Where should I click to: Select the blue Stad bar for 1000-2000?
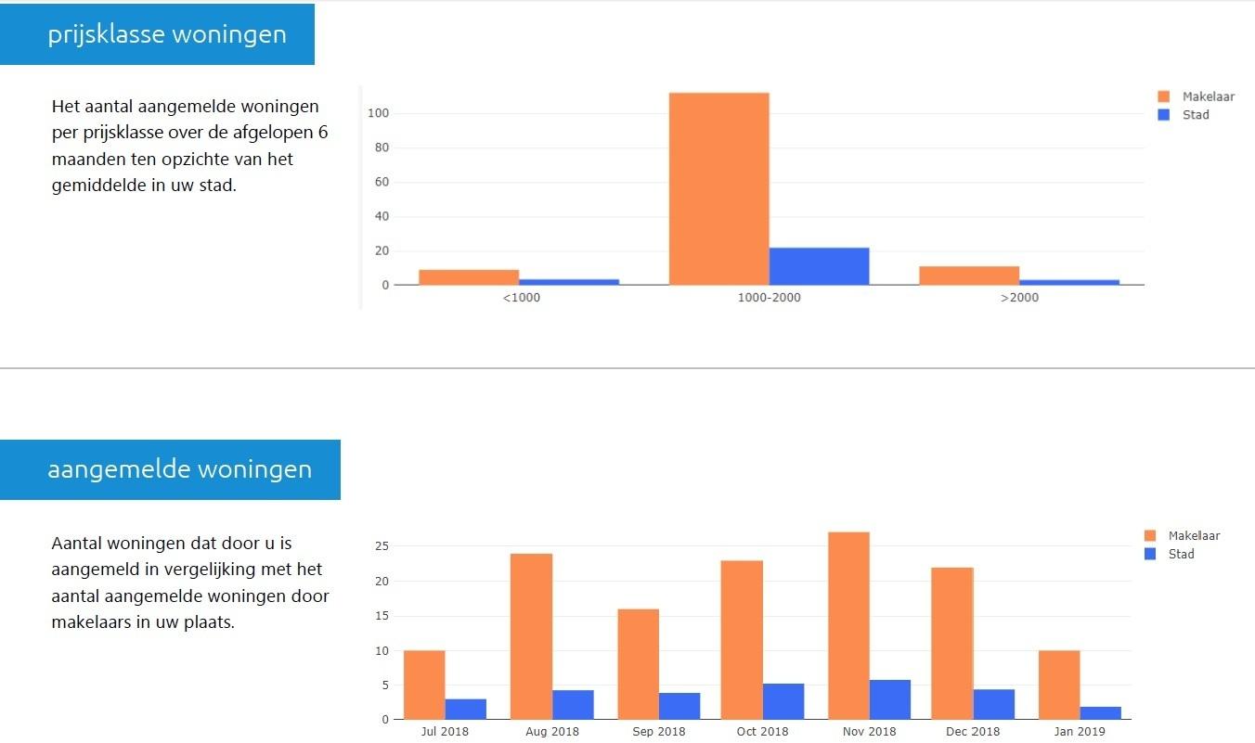(819, 266)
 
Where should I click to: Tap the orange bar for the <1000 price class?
(469, 277)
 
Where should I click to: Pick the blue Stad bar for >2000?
(1069, 282)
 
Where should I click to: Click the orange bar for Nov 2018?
(848, 626)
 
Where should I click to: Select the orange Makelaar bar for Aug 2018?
(531, 636)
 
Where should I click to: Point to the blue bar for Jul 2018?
(466, 710)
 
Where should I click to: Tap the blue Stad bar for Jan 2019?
(1101, 713)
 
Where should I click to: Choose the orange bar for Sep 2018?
(638, 664)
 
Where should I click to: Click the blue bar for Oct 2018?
(783, 701)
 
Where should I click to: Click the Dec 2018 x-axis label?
(973, 732)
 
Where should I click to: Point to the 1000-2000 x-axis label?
(769, 298)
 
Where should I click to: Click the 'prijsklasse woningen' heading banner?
(167, 35)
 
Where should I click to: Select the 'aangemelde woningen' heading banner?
(179, 469)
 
